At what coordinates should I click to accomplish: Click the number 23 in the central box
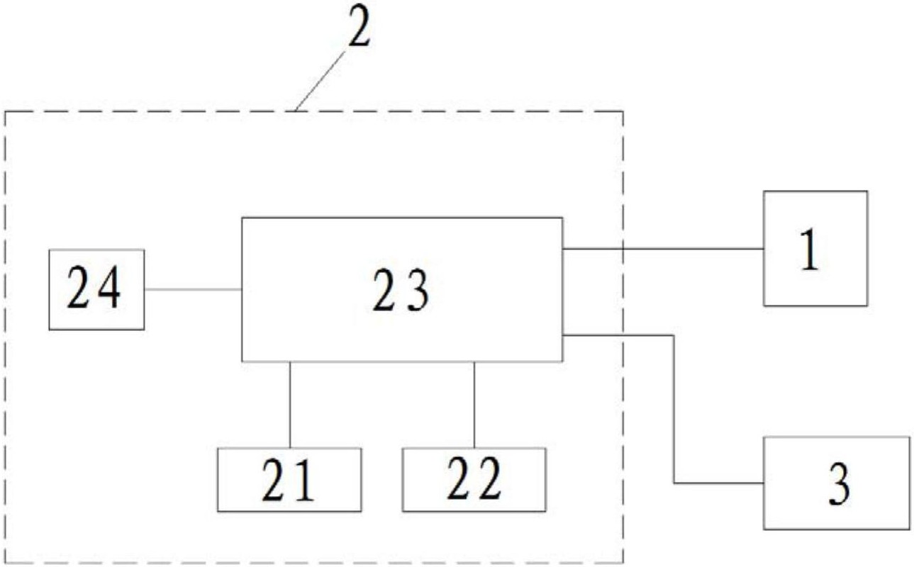point(401,291)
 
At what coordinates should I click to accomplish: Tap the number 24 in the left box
point(94,287)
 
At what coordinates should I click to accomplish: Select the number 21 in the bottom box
point(288,479)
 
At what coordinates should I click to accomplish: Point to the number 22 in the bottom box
point(474,478)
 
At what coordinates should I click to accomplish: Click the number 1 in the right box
point(810,249)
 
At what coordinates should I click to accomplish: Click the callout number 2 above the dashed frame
point(360,26)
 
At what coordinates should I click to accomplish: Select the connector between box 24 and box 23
point(193,290)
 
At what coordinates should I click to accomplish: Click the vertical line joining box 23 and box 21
point(290,405)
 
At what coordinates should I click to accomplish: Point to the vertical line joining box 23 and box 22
point(474,405)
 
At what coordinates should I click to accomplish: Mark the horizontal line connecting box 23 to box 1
point(663,249)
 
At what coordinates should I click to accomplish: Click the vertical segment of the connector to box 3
point(674,409)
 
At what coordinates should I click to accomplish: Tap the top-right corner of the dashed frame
point(623,111)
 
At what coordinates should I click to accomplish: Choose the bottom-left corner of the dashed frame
point(6,562)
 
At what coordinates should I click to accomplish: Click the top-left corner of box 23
point(242,218)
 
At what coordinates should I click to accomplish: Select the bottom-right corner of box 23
point(563,361)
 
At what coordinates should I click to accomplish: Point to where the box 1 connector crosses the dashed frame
point(623,249)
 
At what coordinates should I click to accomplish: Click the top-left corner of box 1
point(764,191)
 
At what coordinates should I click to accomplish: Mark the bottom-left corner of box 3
point(764,529)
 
